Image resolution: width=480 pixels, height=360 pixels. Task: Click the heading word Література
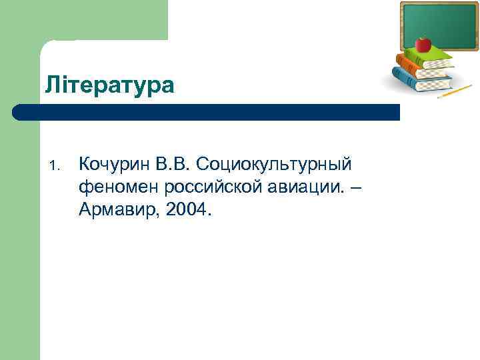tap(110, 85)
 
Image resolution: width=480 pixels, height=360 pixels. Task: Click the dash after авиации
tap(357, 188)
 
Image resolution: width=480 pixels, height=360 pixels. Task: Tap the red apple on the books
tap(423, 45)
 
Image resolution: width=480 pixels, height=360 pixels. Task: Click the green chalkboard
tap(439, 25)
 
